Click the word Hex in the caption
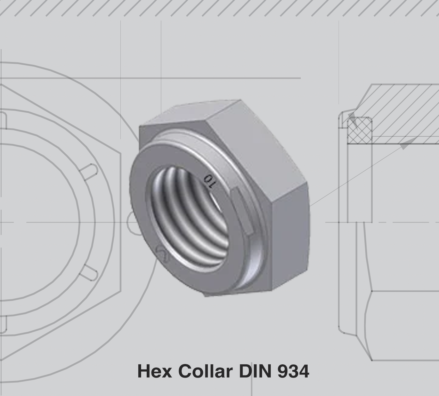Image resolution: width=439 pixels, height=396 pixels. tap(155, 371)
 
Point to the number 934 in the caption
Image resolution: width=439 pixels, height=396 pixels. tap(293, 371)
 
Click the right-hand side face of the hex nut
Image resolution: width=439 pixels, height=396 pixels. tap(290, 240)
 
